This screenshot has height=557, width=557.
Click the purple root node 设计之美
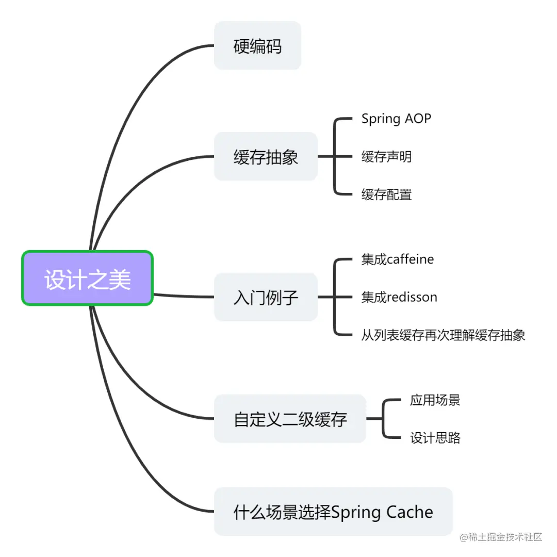87,278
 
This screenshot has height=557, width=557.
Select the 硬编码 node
257,46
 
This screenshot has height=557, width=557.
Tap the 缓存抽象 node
266,157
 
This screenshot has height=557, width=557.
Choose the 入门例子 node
266,298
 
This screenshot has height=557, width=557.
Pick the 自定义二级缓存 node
290,419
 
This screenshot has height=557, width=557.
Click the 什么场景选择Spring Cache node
333,512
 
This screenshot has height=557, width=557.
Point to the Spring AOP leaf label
396,119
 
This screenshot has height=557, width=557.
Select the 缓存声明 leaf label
386,157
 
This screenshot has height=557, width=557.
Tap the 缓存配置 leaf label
386,194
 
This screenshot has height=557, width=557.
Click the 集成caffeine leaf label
398,259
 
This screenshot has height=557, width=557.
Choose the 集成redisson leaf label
399,297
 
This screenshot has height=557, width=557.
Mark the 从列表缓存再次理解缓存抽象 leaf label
443,335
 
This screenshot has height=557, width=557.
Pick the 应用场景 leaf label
435,400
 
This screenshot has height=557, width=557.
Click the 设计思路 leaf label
435,438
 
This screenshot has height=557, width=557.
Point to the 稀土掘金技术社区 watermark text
501,537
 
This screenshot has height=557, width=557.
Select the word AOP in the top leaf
418,119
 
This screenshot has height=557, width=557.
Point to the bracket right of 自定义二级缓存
384,419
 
